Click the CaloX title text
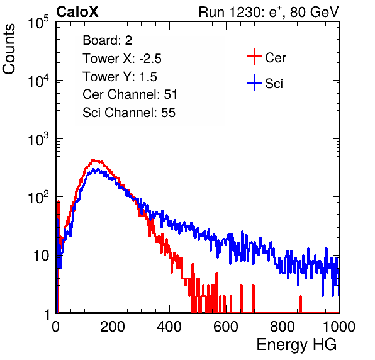click(77, 12)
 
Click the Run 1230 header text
click(269, 12)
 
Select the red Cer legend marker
click(254, 57)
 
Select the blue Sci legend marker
click(254, 82)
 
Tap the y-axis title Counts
click(9, 49)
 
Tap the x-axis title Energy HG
click(296, 345)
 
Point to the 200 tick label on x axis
click(113, 327)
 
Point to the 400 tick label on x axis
click(169, 327)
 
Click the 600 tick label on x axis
click(226, 327)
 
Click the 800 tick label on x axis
click(283, 327)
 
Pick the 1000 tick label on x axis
click(339, 327)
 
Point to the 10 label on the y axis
click(41, 256)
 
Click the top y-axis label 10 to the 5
click(38, 22)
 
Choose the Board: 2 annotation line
click(108, 40)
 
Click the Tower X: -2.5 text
click(122, 59)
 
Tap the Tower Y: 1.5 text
click(120, 77)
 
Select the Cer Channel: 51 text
click(130, 94)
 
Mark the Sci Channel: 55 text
click(129, 113)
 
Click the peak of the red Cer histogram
click(92, 160)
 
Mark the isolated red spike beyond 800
click(301, 304)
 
